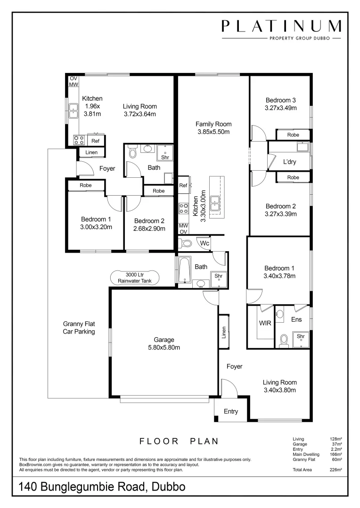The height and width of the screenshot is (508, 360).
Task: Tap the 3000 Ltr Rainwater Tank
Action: (x=135, y=278)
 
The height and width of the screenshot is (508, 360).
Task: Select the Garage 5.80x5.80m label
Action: (x=164, y=344)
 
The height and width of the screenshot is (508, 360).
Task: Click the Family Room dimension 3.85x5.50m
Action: (x=213, y=132)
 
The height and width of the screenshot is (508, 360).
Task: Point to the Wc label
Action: (x=205, y=243)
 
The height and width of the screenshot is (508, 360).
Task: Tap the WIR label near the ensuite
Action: (x=264, y=323)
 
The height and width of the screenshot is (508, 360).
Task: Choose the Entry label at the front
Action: (x=230, y=412)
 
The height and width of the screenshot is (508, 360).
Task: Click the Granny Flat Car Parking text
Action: (x=79, y=327)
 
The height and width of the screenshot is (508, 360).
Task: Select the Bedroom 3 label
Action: (x=280, y=100)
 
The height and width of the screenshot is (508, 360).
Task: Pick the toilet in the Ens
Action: (x=284, y=340)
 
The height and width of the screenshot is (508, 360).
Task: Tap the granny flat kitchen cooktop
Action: (x=79, y=140)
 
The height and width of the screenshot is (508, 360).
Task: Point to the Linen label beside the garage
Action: (x=224, y=332)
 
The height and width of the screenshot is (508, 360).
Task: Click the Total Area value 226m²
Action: (x=336, y=469)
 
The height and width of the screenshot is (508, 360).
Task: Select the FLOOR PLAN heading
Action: (x=179, y=441)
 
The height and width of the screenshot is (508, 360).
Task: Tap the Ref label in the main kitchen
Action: (x=183, y=186)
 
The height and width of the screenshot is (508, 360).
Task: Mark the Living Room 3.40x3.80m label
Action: (x=279, y=386)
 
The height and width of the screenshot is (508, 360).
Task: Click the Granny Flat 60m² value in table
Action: (x=336, y=460)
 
